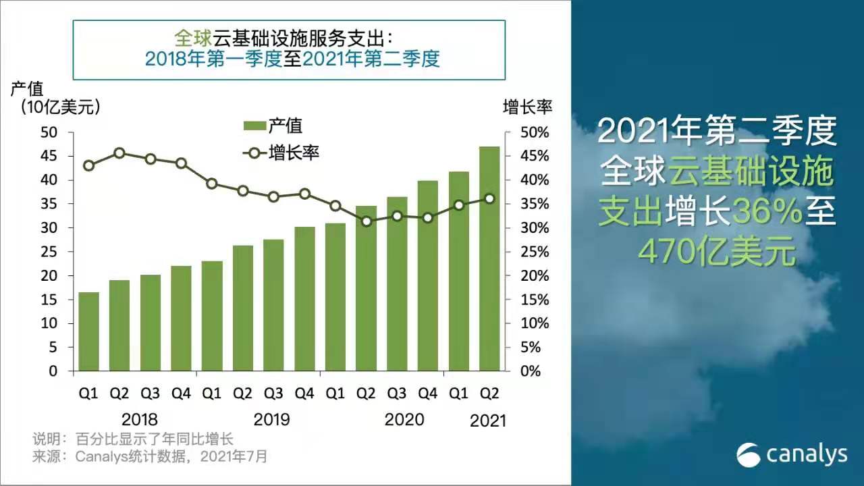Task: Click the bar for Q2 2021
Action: coord(489,259)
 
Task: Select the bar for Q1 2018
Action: coord(88,331)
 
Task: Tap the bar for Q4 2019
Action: coord(304,299)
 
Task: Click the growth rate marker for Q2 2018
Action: coord(119,153)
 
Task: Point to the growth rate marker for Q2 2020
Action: coord(367,221)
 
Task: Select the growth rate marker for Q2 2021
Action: coord(489,199)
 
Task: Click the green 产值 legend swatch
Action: coord(254,126)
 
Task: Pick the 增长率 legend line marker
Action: coord(254,153)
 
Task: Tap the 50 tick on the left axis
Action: coord(49,133)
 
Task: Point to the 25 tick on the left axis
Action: coord(49,252)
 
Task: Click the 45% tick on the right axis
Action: coord(535,156)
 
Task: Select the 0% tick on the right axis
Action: coord(531,371)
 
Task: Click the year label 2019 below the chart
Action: coord(271,420)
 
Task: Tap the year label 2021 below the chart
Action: coord(487,421)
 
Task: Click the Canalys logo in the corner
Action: coord(792,455)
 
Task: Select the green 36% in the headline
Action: coord(767,211)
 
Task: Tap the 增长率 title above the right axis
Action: coord(527,107)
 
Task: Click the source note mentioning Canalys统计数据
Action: coord(150,457)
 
